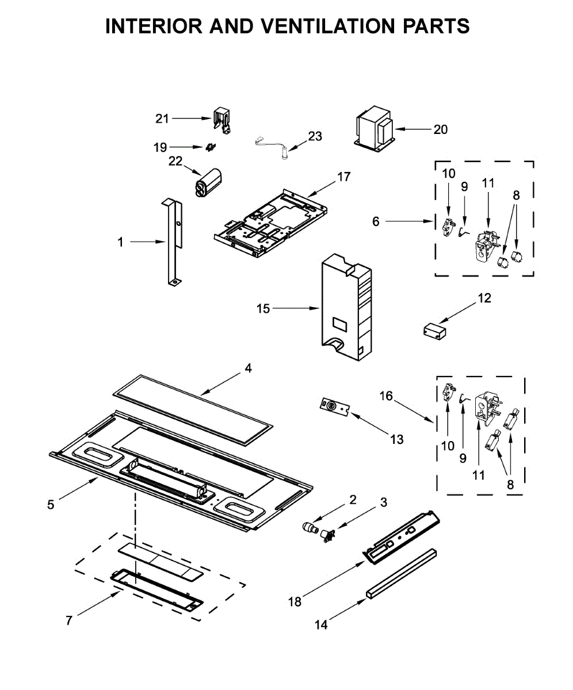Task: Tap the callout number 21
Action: coord(162,118)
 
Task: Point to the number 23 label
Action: coord(315,136)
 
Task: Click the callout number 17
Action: coord(343,177)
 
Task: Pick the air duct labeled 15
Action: coord(345,310)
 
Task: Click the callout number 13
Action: coord(396,439)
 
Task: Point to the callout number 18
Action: coord(295,601)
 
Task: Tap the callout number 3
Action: coord(383,502)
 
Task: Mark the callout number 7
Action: coord(69,620)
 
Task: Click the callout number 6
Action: coord(376,221)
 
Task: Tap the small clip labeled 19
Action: coord(211,147)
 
